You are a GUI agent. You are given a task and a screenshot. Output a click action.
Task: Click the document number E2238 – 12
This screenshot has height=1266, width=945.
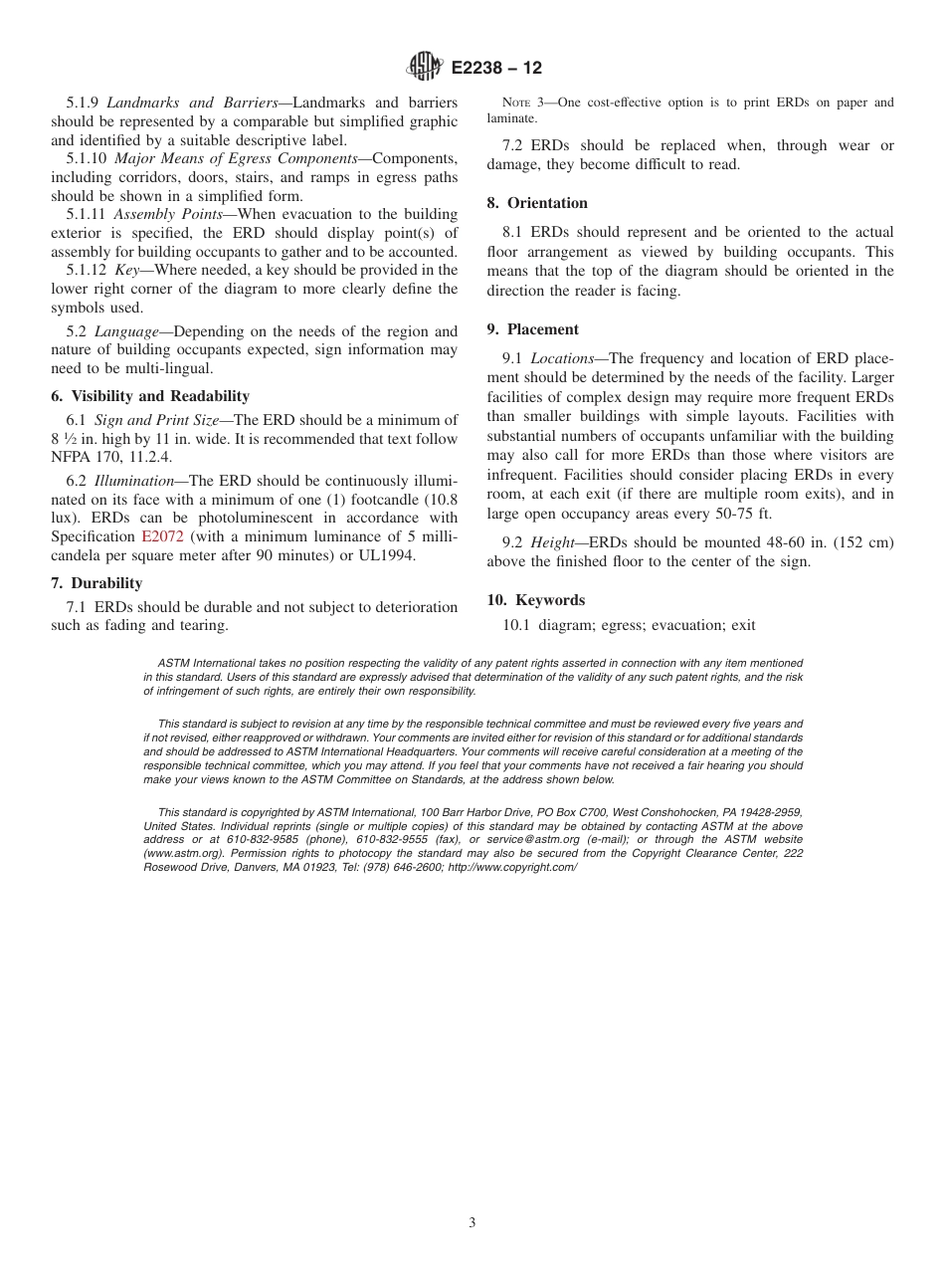tap(496, 69)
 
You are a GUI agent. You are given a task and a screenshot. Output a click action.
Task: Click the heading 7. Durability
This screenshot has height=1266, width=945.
tap(96, 583)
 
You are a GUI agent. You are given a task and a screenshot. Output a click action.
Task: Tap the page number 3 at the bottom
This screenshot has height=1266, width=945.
tap(472, 1223)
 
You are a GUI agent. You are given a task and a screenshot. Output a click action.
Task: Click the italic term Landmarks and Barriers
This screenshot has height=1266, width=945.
tap(192, 103)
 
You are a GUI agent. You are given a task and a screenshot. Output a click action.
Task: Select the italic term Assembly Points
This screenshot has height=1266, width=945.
tap(168, 214)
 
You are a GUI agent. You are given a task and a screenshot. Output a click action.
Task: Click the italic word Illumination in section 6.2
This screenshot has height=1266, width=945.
tap(134, 480)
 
